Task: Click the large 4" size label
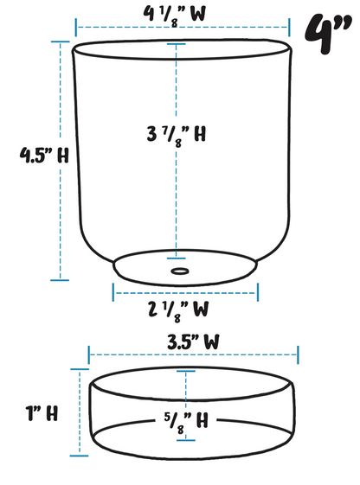point(327,34)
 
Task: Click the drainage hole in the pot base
point(179,271)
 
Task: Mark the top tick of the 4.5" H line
point(61,41)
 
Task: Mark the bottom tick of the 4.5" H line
point(61,279)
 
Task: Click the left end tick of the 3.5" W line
point(90,354)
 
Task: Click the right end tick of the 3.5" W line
point(298,354)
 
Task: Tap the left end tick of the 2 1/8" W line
point(113,291)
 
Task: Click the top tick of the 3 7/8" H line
point(178,43)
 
